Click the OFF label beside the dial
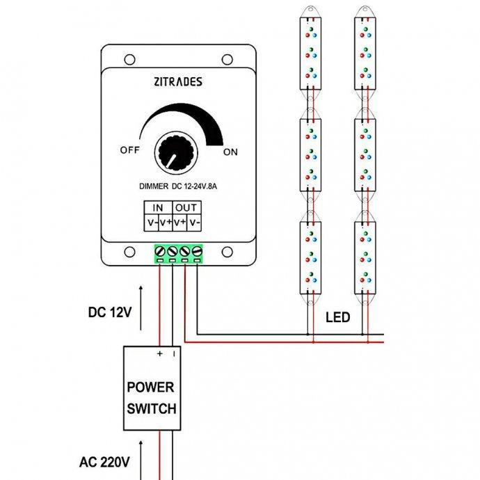tap(130, 150)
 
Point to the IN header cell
tap(158, 207)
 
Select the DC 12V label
tap(111, 312)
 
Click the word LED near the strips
tap(337, 318)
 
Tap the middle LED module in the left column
tap(311, 155)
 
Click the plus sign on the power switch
tap(160, 353)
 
